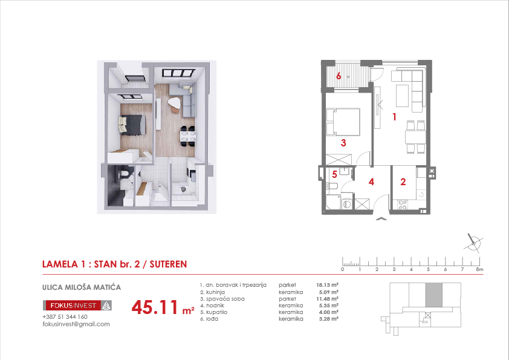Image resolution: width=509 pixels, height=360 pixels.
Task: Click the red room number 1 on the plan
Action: coord(394,117)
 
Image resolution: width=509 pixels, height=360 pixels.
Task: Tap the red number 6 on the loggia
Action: coord(339,76)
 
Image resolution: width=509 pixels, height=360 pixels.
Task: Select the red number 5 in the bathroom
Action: coord(334,174)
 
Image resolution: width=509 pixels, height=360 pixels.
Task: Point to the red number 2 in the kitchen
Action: coord(403,182)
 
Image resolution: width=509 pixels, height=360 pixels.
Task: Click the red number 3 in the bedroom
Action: coord(343,143)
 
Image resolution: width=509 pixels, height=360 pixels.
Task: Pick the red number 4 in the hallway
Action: coord(371,182)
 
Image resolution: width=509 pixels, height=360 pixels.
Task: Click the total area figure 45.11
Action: coord(155,307)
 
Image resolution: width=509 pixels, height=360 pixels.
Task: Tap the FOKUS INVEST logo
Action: coord(77,306)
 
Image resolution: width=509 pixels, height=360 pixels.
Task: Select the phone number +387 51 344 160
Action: coord(65,317)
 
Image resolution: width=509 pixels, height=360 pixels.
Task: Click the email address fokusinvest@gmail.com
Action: coord(76,324)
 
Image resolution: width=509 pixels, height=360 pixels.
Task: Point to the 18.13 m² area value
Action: coord(328,285)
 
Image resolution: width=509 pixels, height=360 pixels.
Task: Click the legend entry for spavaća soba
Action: coord(222,299)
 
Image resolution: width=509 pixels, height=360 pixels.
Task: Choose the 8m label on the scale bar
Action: coord(479,269)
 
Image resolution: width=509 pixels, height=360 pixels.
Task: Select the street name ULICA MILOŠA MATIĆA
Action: coord(82,287)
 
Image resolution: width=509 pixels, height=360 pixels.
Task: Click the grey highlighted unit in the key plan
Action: coord(433,295)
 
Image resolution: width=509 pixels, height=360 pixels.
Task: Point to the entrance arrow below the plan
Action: coord(381,218)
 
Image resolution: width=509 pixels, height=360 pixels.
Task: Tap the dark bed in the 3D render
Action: coord(132,125)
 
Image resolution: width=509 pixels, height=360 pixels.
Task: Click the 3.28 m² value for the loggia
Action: coord(328,319)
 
